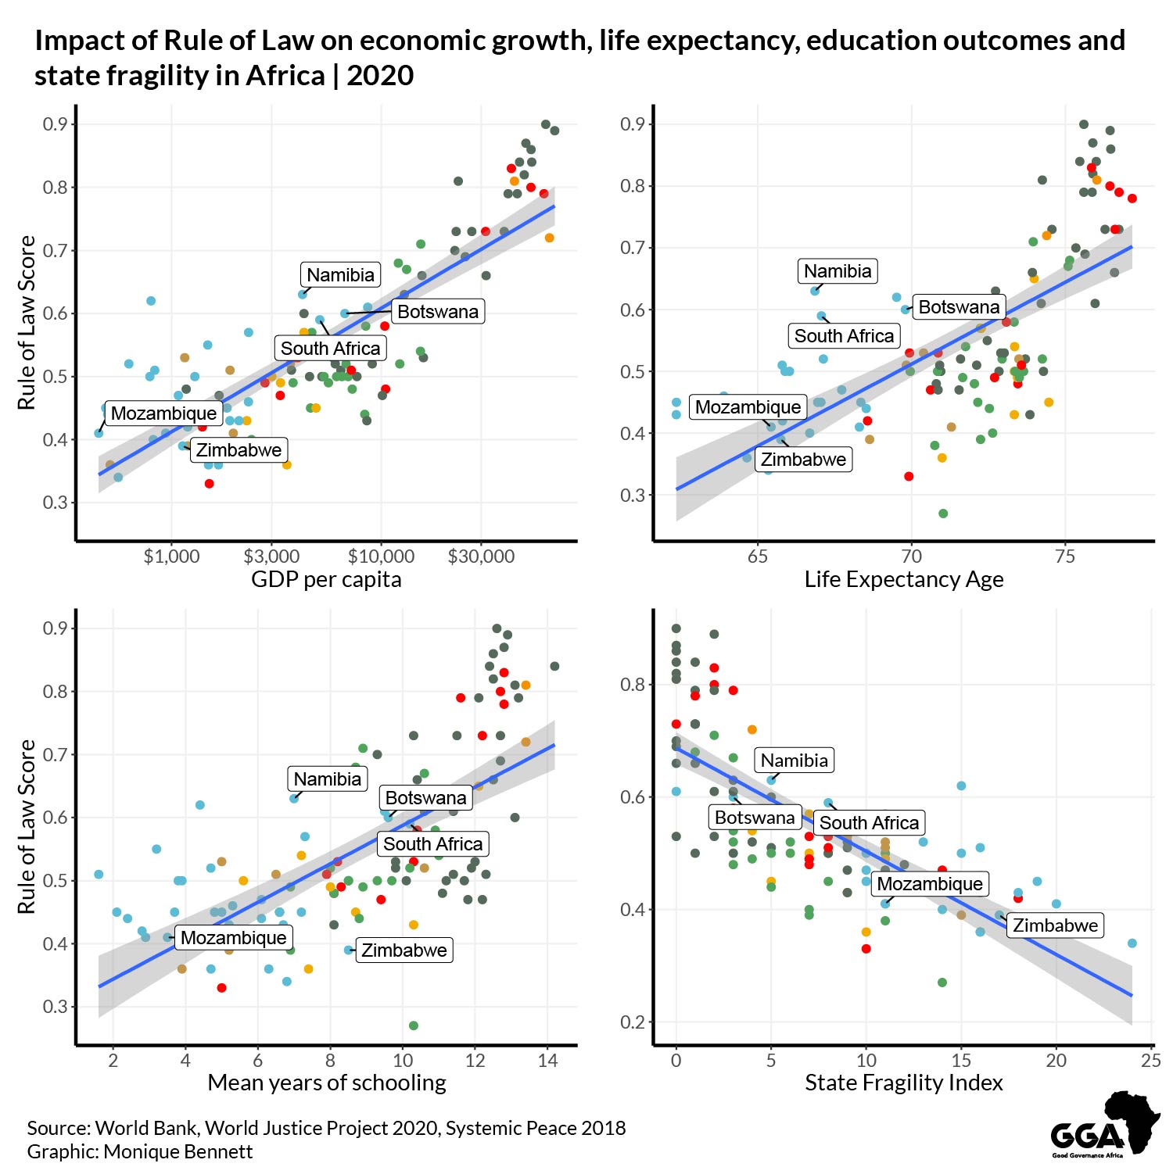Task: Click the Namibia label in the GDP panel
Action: tap(340, 274)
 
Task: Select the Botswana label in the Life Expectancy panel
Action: tap(959, 307)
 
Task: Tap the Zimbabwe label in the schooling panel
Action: tap(404, 950)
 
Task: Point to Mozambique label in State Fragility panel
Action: tap(929, 884)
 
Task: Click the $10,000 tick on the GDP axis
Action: tap(381, 557)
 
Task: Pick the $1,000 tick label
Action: tap(171, 557)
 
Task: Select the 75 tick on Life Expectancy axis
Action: tap(1065, 557)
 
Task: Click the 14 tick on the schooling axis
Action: tap(547, 1061)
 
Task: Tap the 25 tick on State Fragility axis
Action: tap(1150, 1061)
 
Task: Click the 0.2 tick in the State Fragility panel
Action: tap(631, 1022)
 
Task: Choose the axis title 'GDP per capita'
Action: tap(326, 580)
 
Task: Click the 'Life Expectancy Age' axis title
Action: tap(904, 580)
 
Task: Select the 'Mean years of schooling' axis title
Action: tap(327, 1083)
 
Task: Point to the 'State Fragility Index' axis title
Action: tap(904, 1083)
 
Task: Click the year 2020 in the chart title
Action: tap(380, 76)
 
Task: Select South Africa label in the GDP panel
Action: tap(330, 349)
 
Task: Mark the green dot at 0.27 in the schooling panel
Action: tap(414, 1025)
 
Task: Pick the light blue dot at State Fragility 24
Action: tap(1132, 943)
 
